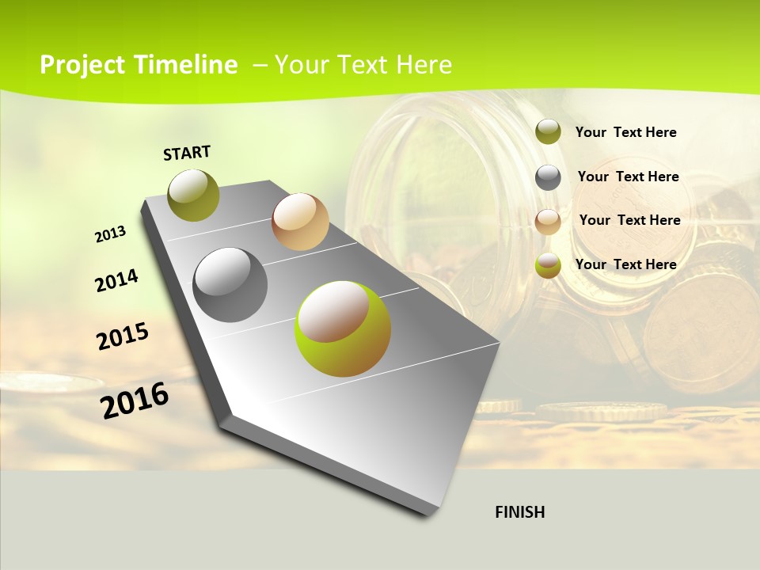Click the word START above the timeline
[187, 153]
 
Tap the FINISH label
[519, 512]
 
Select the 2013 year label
[111, 234]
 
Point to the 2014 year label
[116, 280]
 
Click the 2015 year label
[123, 336]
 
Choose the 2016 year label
[135, 400]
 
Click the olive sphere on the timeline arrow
[194, 195]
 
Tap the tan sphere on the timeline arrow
[300, 222]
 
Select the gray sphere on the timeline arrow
[230, 285]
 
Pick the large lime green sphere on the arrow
[343, 329]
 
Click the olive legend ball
[548, 131]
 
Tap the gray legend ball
[548, 177]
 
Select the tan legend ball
[548, 222]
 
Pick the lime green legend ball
[548, 266]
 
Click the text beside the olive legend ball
[625, 132]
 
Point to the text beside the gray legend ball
[628, 177]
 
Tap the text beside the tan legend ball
[629, 220]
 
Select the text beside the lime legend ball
[625, 264]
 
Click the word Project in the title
[83, 65]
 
